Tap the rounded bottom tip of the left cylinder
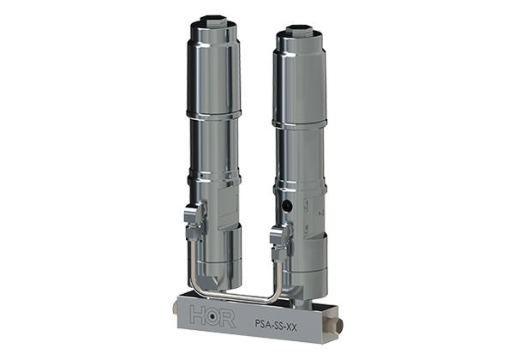coord(216,278)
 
